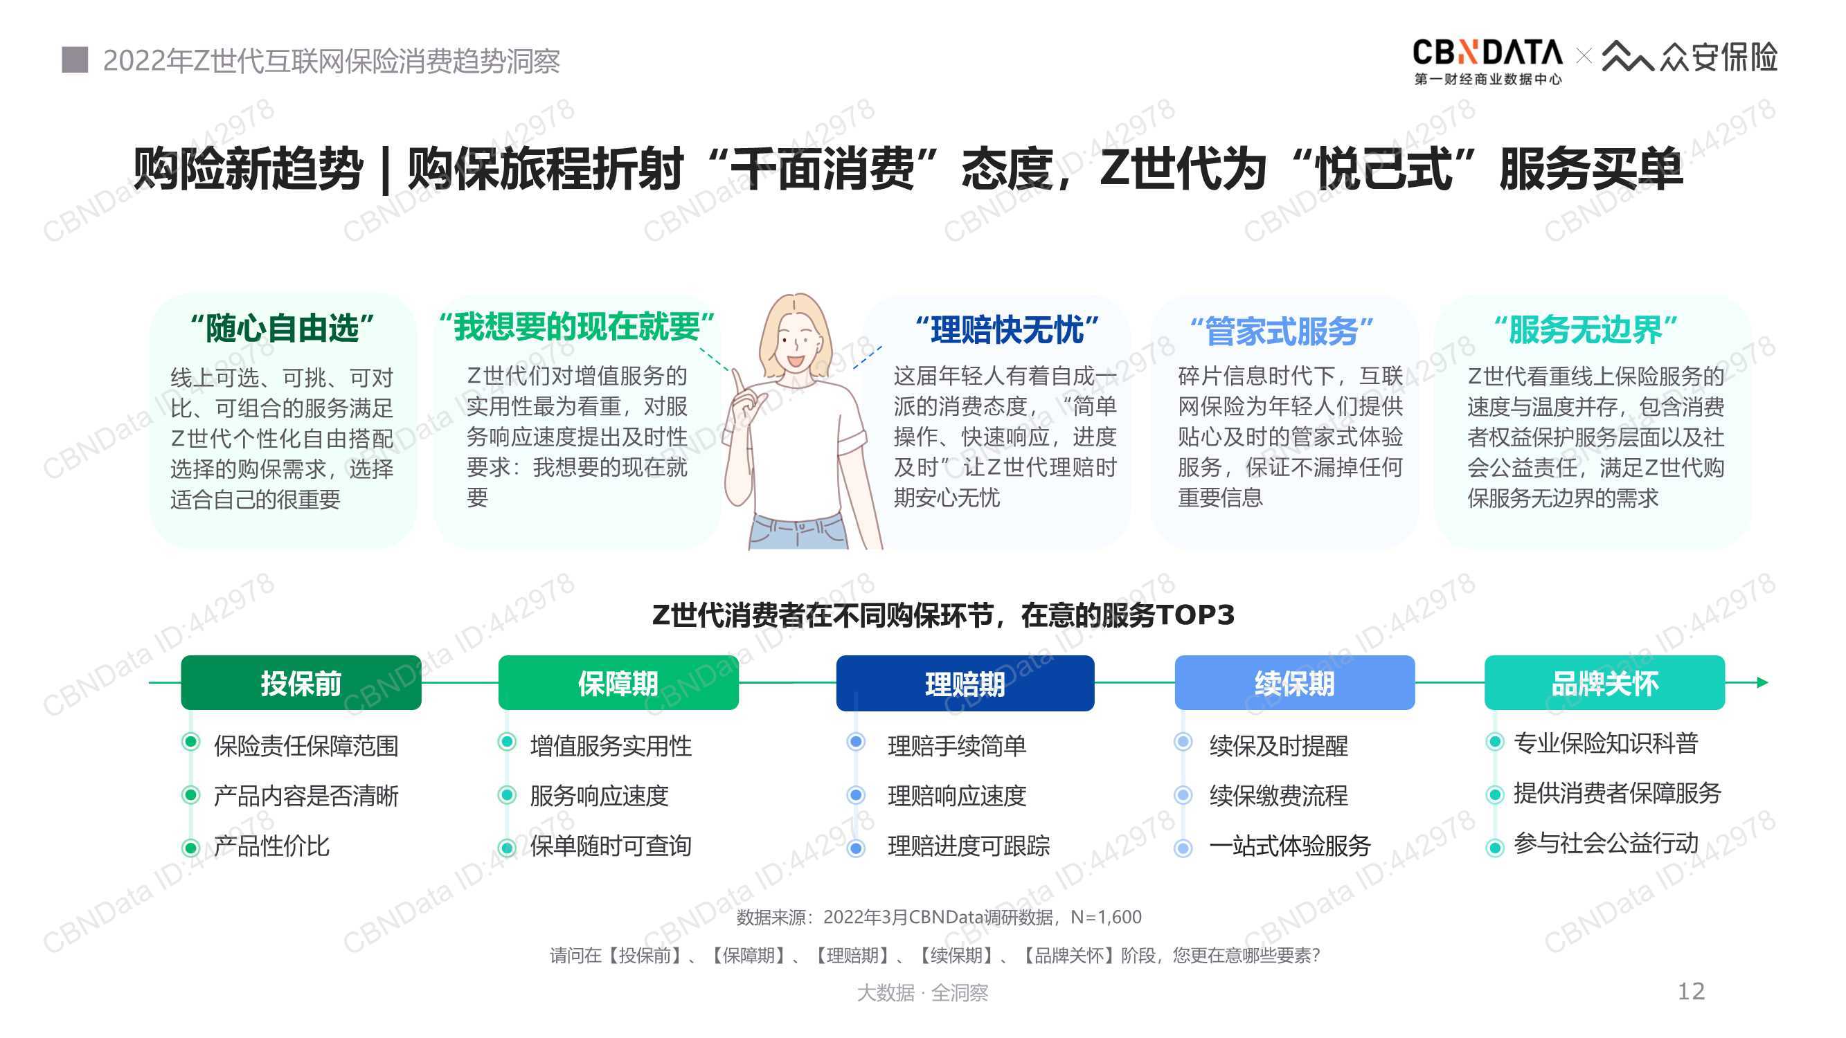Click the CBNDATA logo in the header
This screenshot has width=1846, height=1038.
click(x=1487, y=62)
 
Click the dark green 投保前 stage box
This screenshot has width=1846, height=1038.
click(x=301, y=683)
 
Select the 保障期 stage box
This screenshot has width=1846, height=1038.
click(x=618, y=683)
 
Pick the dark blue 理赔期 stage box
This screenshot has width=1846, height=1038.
click(x=965, y=684)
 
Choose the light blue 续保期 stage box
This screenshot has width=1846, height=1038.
click(x=1295, y=683)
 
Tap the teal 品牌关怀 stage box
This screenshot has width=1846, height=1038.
click(x=1604, y=683)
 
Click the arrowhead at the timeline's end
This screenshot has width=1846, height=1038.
click(x=1763, y=682)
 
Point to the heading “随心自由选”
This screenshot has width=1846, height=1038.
click(x=282, y=329)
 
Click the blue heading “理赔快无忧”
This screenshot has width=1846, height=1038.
click(x=1007, y=330)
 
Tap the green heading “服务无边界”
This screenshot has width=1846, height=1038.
click(x=1585, y=329)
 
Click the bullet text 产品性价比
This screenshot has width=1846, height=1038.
click(x=271, y=846)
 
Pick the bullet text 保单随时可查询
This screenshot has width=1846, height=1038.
click(x=611, y=846)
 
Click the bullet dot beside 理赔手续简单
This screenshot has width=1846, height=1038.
click(x=856, y=741)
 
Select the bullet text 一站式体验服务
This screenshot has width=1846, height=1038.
click(x=1290, y=846)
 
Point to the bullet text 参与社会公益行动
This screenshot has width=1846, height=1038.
click(x=1606, y=843)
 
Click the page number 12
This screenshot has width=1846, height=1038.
click(x=1691, y=992)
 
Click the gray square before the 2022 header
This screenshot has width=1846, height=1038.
click(x=75, y=60)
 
